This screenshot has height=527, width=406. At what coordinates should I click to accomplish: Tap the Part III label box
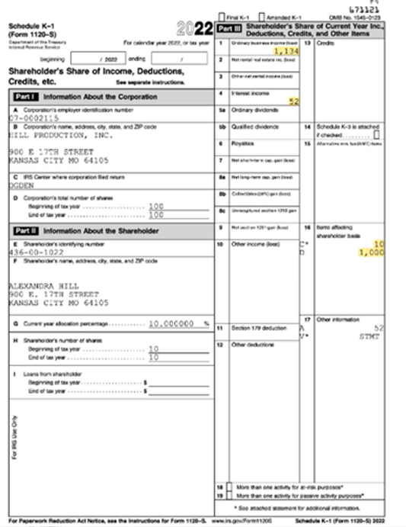point(229,28)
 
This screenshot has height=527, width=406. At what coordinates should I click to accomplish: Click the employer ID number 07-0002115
point(34,119)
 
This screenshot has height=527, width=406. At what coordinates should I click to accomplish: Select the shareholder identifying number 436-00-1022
point(36,251)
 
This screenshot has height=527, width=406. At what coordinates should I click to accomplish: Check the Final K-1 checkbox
point(221,16)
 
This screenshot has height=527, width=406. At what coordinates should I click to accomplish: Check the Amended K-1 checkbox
point(261,16)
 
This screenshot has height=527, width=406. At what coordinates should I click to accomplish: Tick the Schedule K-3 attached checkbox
point(376,135)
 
